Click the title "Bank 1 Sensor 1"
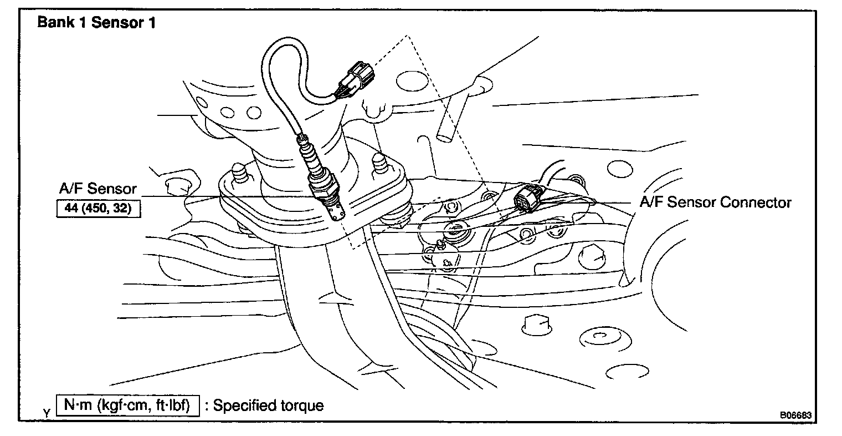(96, 23)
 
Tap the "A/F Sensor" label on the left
(97, 189)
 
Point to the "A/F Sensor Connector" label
(716, 202)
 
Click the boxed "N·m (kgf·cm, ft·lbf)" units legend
(127, 405)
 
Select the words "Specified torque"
(269, 405)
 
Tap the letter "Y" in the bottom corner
(46, 413)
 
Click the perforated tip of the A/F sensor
(336, 211)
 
